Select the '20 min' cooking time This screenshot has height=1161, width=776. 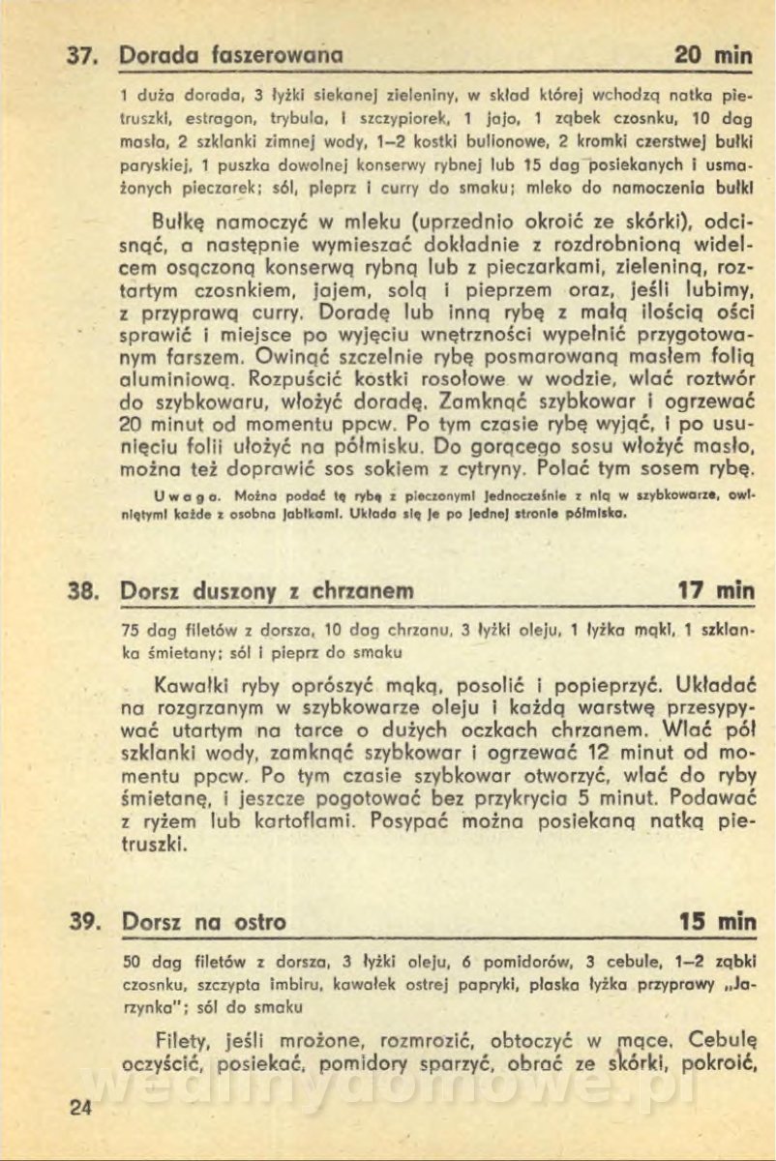pos(713,56)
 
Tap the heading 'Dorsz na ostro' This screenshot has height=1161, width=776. pos(204,922)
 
